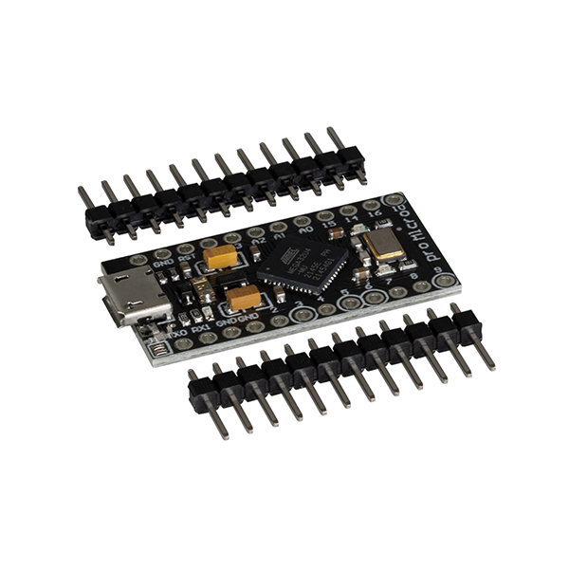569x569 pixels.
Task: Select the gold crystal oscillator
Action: [x=384, y=245]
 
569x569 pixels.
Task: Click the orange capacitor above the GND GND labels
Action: [x=243, y=299]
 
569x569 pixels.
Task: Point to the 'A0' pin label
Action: [x=304, y=229]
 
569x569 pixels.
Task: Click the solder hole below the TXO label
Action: [x=183, y=344]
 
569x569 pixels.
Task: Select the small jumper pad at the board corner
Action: [x=159, y=348]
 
